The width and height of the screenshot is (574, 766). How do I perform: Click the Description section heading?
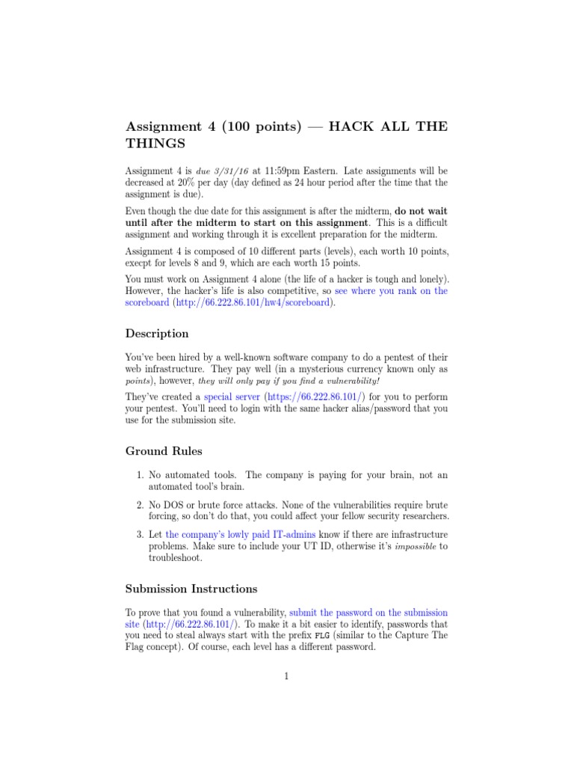pos(157,333)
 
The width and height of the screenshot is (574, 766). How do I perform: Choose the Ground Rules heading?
pos(163,451)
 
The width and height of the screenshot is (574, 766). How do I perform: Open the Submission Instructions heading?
pos(191,588)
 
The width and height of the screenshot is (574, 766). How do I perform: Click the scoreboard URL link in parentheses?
pos(254,303)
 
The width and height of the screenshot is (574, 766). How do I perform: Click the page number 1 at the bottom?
pos(286,677)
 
